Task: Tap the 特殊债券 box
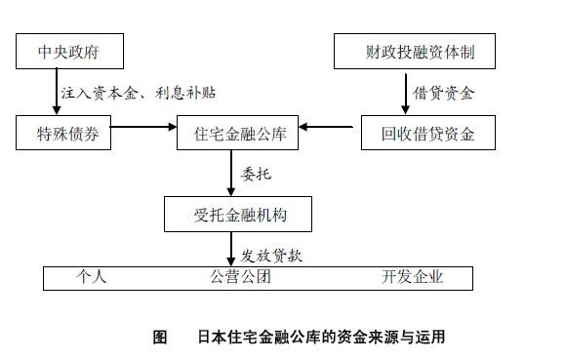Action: [x=63, y=133]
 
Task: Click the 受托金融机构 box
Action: [x=238, y=213]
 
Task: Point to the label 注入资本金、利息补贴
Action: [x=137, y=94]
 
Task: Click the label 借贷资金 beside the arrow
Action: [x=443, y=94]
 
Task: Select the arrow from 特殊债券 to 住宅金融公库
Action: [x=141, y=127]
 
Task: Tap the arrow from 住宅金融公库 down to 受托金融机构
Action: [x=232, y=174]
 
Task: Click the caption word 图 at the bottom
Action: [x=160, y=339]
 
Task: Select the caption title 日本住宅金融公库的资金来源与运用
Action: [x=320, y=339]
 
